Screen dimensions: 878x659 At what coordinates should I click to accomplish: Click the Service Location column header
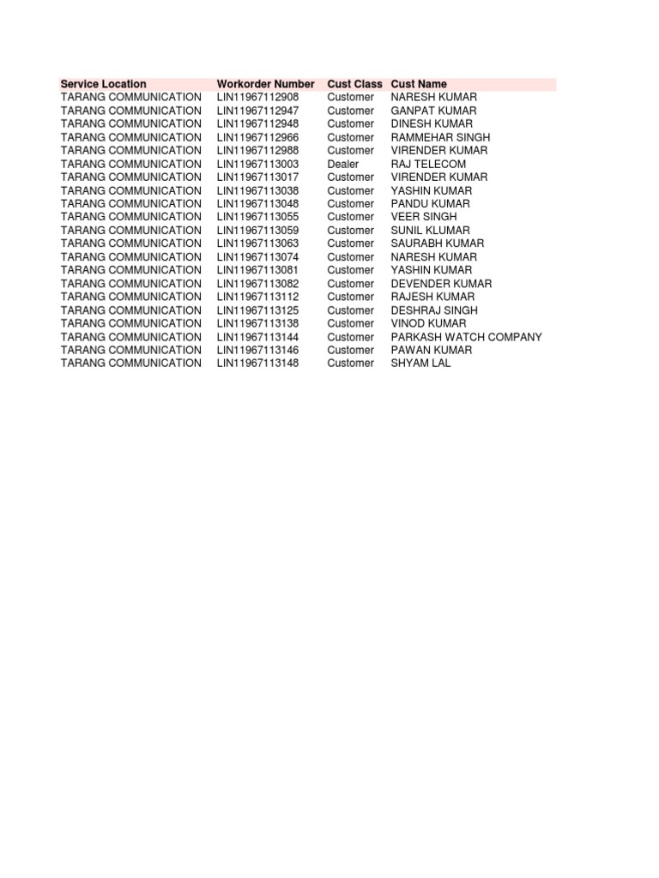point(103,84)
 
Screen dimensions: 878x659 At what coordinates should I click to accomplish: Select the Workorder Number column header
point(265,84)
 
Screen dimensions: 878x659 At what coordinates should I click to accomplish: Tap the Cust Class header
point(354,84)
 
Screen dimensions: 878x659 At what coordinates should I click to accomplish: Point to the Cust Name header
point(419,84)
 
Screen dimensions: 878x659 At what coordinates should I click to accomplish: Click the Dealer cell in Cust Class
point(342,164)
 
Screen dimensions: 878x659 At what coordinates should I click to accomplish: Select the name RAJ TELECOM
point(428,164)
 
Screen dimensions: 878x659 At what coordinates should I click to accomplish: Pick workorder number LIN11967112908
point(257,98)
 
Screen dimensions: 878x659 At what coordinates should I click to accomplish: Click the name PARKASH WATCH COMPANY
point(466,337)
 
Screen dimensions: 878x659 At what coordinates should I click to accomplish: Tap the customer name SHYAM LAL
point(420,364)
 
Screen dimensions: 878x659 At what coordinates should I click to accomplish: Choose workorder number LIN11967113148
point(257,364)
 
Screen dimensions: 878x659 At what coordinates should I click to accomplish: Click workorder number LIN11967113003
point(257,164)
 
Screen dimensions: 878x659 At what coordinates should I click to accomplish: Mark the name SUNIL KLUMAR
point(430,231)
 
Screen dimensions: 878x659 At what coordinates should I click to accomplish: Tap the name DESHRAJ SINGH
point(434,310)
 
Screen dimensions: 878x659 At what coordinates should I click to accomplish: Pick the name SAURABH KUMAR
point(437,244)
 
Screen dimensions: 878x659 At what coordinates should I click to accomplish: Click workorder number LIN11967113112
point(257,297)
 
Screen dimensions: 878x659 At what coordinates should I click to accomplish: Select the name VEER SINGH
point(424,217)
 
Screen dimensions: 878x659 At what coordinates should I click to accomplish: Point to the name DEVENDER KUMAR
point(441,284)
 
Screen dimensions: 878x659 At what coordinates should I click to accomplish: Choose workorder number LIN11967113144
point(257,337)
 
